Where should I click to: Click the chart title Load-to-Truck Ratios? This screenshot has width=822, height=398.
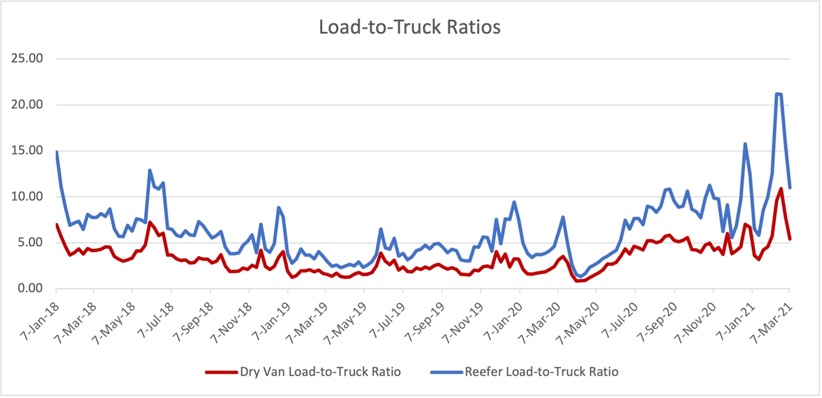coord(409,27)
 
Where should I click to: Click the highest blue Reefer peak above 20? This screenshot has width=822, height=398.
coord(777,94)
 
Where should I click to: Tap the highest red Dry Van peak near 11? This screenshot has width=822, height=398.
coord(781,188)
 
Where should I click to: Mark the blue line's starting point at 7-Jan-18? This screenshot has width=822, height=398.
coord(57,152)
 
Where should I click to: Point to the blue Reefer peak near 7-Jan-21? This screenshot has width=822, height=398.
coord(745,144)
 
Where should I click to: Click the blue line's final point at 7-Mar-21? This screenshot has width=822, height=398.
coord(790,187)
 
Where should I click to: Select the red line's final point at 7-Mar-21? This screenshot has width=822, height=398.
coord(790,239)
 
